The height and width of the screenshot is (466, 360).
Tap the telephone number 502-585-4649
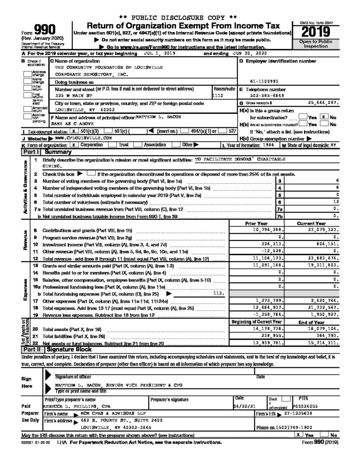[260, 95]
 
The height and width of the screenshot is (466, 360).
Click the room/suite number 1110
[218, 96]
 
